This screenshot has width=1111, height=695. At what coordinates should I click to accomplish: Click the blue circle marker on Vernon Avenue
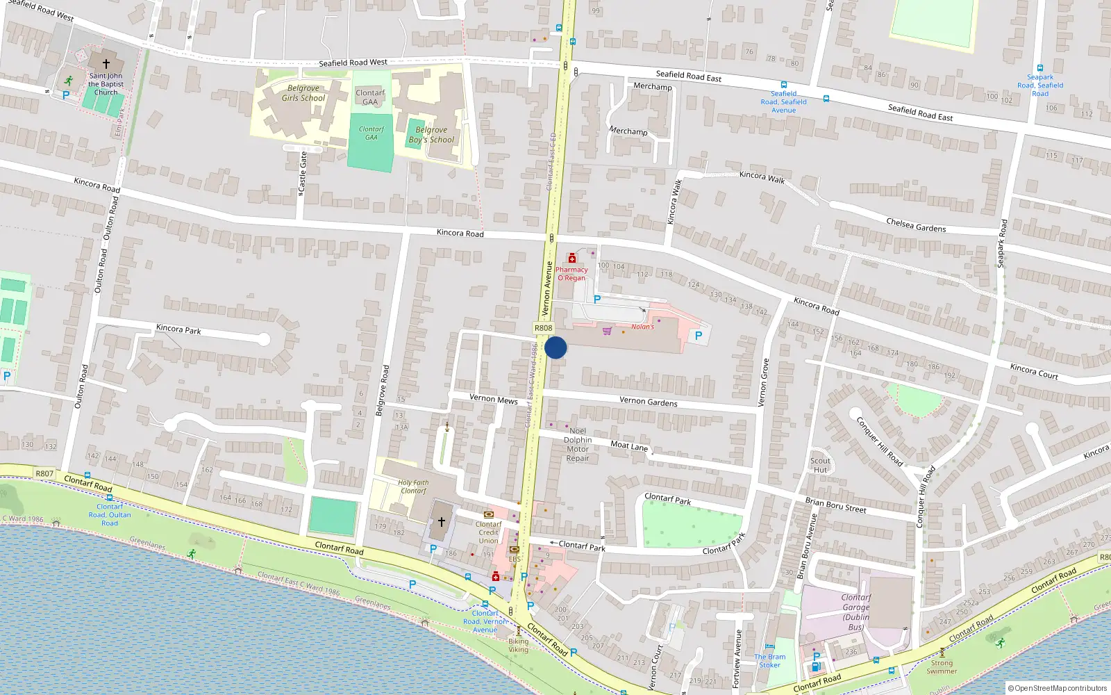[x=555, y=347]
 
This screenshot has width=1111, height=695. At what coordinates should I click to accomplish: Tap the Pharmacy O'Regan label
[x=571, y=274]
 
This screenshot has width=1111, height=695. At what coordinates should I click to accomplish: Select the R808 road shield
[x=543, y=328]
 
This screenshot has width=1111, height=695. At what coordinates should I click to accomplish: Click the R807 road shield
[x=44, y=473]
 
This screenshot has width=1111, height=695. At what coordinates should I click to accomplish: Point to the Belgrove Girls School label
[x=303, y=93]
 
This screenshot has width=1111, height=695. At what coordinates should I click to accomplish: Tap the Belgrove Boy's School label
[x=431, y=135]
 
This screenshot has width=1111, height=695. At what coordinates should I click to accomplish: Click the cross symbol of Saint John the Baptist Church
[x=106, y=63]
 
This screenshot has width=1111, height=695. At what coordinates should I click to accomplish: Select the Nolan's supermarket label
[x=642, y=327]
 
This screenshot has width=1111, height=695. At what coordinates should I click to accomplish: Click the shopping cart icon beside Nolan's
[x=608, y=331]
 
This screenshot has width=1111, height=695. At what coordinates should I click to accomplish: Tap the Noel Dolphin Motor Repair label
[x=578, y=444]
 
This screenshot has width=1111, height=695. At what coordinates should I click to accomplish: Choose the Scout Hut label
[x=820, y=465]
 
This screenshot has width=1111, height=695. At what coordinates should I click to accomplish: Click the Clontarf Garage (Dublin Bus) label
[x=855, y=612]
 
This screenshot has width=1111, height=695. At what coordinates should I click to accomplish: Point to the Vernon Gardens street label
[x=648, y=401]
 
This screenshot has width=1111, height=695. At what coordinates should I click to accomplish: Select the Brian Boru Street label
[x=835, y=505]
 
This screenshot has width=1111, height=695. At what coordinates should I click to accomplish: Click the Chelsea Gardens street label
[x=916, y=225]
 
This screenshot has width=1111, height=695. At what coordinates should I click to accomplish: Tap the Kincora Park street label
[x=178, y=329]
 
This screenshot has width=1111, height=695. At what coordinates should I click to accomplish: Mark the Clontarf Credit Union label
[x=488, y=532]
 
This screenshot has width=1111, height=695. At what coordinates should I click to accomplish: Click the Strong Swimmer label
[x=942, y=667]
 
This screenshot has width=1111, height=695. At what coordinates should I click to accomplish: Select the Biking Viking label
[x=518, y=646]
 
